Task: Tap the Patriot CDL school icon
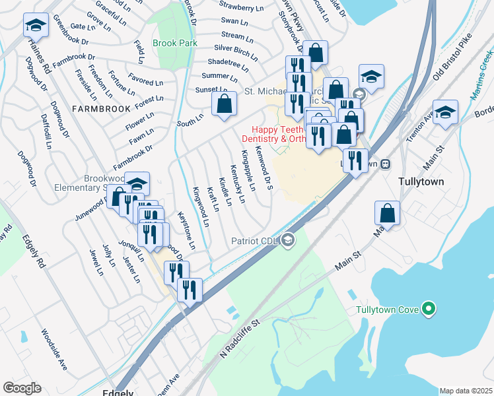tap(287, 240)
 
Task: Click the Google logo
tap(22, 388)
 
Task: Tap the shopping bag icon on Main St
tap(388, 213)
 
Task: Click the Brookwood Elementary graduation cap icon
tap(137, 183)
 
